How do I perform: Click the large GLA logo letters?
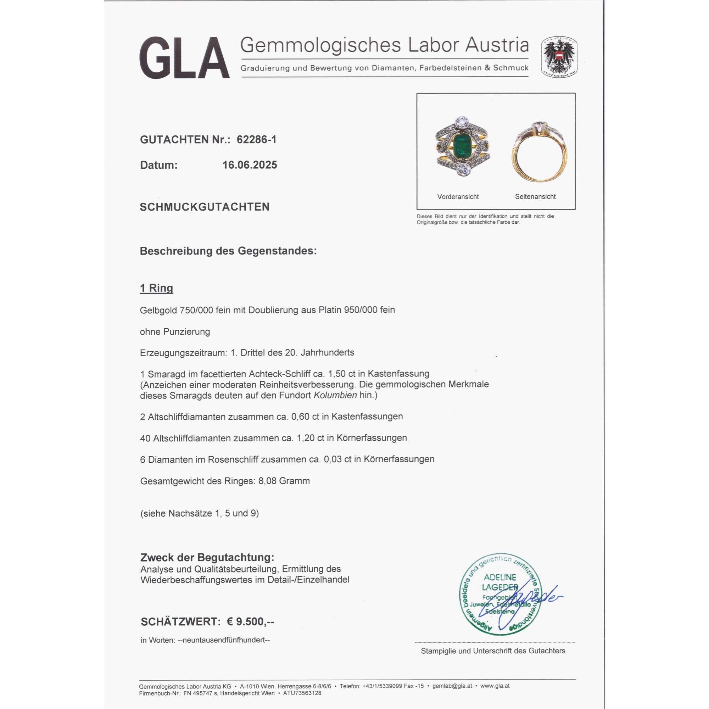184,58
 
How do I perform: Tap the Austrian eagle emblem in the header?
559,56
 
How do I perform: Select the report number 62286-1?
257,139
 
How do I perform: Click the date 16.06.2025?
250,165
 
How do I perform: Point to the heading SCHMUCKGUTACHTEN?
205,207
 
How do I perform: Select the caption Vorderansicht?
458,197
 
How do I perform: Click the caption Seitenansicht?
535,197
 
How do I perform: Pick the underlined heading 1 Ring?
156,288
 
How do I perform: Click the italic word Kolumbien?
335,395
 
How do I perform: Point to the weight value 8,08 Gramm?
284,481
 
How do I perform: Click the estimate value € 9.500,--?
250,622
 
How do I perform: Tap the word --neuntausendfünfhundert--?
223,640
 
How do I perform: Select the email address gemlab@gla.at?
452,686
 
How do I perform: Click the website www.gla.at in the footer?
495,686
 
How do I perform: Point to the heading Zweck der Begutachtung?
207,557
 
